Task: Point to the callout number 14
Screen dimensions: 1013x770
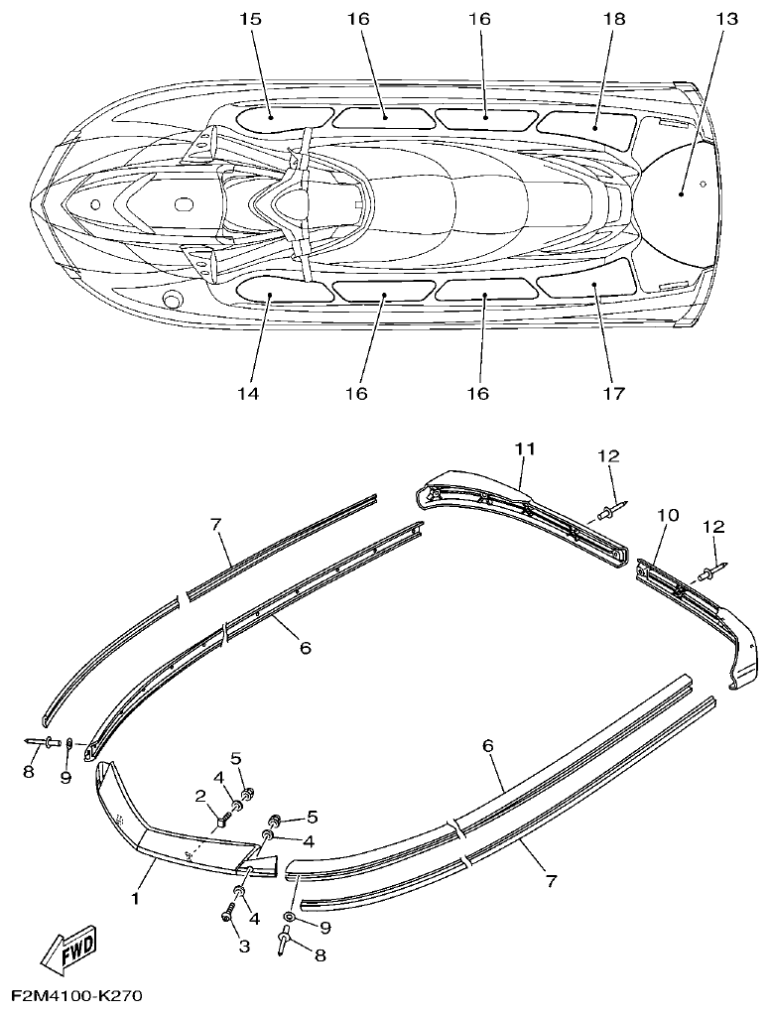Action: pyautogui.click(x=247, y=394)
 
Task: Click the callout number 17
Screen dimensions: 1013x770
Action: pyautogui.click(x=613, y=394)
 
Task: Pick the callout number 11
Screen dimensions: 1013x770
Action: pyautogui.click(x=525, y=449)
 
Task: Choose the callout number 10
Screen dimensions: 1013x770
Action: pyautogui.click(x=668, y=515)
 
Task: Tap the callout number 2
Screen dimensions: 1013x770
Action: pyautogui.click(x=200, y=796)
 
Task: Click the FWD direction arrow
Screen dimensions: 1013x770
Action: pyautogui.click(x=68, y=954)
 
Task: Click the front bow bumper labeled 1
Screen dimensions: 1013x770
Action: pyautogui.click(x=169, y=832)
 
